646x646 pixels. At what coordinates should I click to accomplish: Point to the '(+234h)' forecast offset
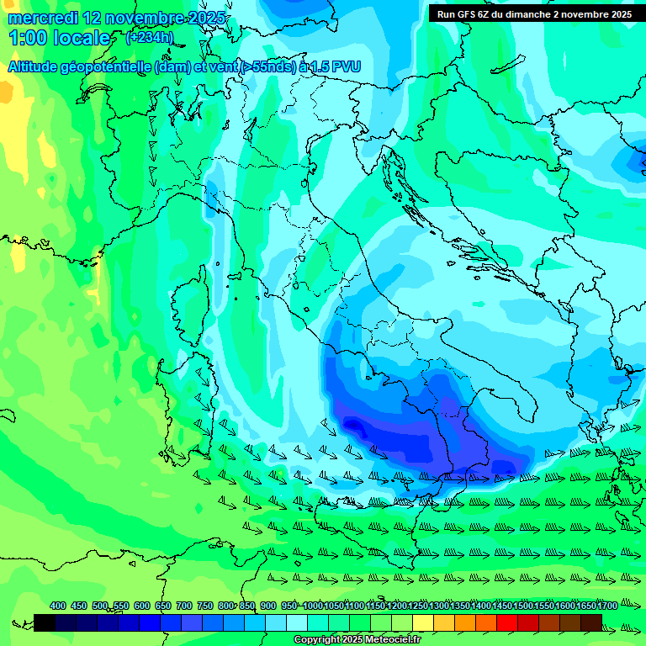pos(150,37)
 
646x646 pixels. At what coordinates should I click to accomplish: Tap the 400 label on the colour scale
pos(57,606)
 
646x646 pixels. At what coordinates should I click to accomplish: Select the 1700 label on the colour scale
pos(607,606)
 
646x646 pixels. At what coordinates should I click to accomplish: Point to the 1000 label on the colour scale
pos(313,606)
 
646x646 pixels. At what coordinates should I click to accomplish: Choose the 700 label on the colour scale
pos(183,606)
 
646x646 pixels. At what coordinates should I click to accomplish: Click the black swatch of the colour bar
pos(45,622)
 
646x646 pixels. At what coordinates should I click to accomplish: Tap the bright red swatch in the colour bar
pos(507,622)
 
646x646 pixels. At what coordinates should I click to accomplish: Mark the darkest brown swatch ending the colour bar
pos(591,622)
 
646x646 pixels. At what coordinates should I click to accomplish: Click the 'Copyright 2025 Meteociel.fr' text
pos(357,640)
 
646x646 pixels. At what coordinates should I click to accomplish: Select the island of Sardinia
pos(189,370)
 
